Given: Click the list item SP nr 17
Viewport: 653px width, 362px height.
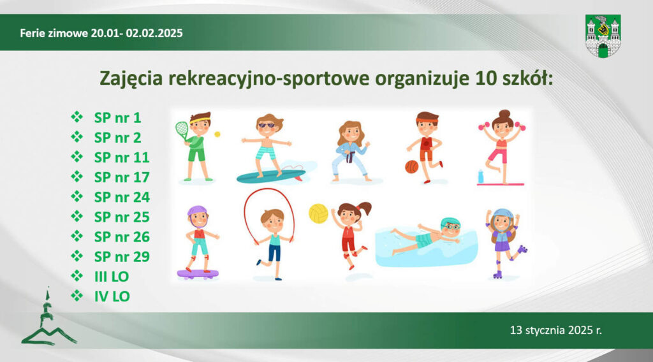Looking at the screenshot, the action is [122, 177].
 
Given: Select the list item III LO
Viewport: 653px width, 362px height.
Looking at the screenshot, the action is [112, 277].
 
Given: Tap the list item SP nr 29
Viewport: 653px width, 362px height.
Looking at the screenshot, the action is [122, 257].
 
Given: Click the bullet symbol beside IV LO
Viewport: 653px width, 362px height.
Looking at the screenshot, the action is [77, 296].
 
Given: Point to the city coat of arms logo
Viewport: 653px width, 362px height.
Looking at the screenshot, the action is [603, 36].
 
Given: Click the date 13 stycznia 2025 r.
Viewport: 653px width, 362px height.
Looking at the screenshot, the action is [556, 330].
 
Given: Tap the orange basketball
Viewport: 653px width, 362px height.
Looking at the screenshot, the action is [411, 167].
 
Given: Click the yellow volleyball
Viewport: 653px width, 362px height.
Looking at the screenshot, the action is [319, 214].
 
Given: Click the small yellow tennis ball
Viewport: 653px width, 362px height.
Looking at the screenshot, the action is [217, 134].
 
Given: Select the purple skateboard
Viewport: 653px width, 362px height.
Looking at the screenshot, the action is [198, 274].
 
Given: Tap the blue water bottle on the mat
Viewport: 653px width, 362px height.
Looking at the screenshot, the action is [481, 177].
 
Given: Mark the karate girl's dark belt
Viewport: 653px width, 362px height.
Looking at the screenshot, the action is [352, 157].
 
